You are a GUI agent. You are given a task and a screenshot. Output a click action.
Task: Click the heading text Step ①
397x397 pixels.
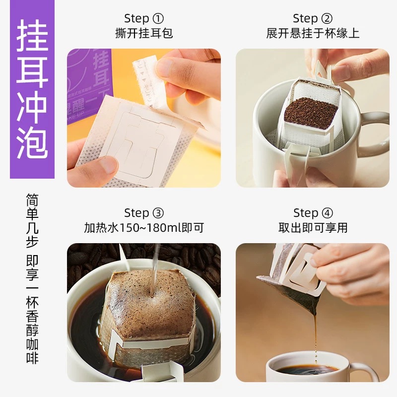144,18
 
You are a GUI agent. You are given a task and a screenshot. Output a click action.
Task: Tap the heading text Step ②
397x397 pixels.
313,18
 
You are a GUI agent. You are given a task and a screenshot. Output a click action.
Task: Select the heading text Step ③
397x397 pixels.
144,213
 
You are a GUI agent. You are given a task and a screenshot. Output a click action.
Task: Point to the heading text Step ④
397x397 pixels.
313,213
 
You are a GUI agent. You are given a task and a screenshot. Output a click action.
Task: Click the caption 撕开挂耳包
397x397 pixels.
144,33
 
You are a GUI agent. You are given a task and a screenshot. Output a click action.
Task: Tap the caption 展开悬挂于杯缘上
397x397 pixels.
313,33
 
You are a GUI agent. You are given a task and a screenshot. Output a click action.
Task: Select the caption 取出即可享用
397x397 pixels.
313,228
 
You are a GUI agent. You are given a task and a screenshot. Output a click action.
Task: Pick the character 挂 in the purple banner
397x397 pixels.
32,35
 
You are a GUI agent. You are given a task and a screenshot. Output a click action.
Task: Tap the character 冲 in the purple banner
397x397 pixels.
32,107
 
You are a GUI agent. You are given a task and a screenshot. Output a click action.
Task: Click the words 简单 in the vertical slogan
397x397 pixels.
32,206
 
